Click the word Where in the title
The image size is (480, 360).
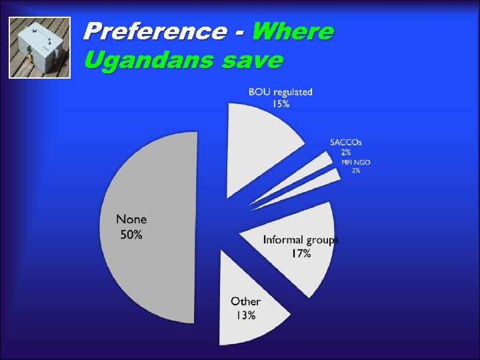click(293, 31)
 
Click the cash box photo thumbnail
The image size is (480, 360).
click(40, 48)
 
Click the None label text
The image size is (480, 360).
click(131, 219)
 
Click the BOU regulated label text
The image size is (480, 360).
click(280, 92)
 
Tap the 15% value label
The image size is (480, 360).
click(280, 103)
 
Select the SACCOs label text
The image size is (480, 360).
click(346, 142)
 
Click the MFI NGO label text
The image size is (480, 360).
click(355, 162)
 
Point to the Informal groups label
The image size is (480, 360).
click(301, 240)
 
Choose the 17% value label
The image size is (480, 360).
click(301, 254)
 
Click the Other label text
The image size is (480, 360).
click(245, 301)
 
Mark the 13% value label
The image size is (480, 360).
click(245, 315)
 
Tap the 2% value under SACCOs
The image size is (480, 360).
click(346, 152)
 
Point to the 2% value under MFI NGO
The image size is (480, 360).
click(356, 171)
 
